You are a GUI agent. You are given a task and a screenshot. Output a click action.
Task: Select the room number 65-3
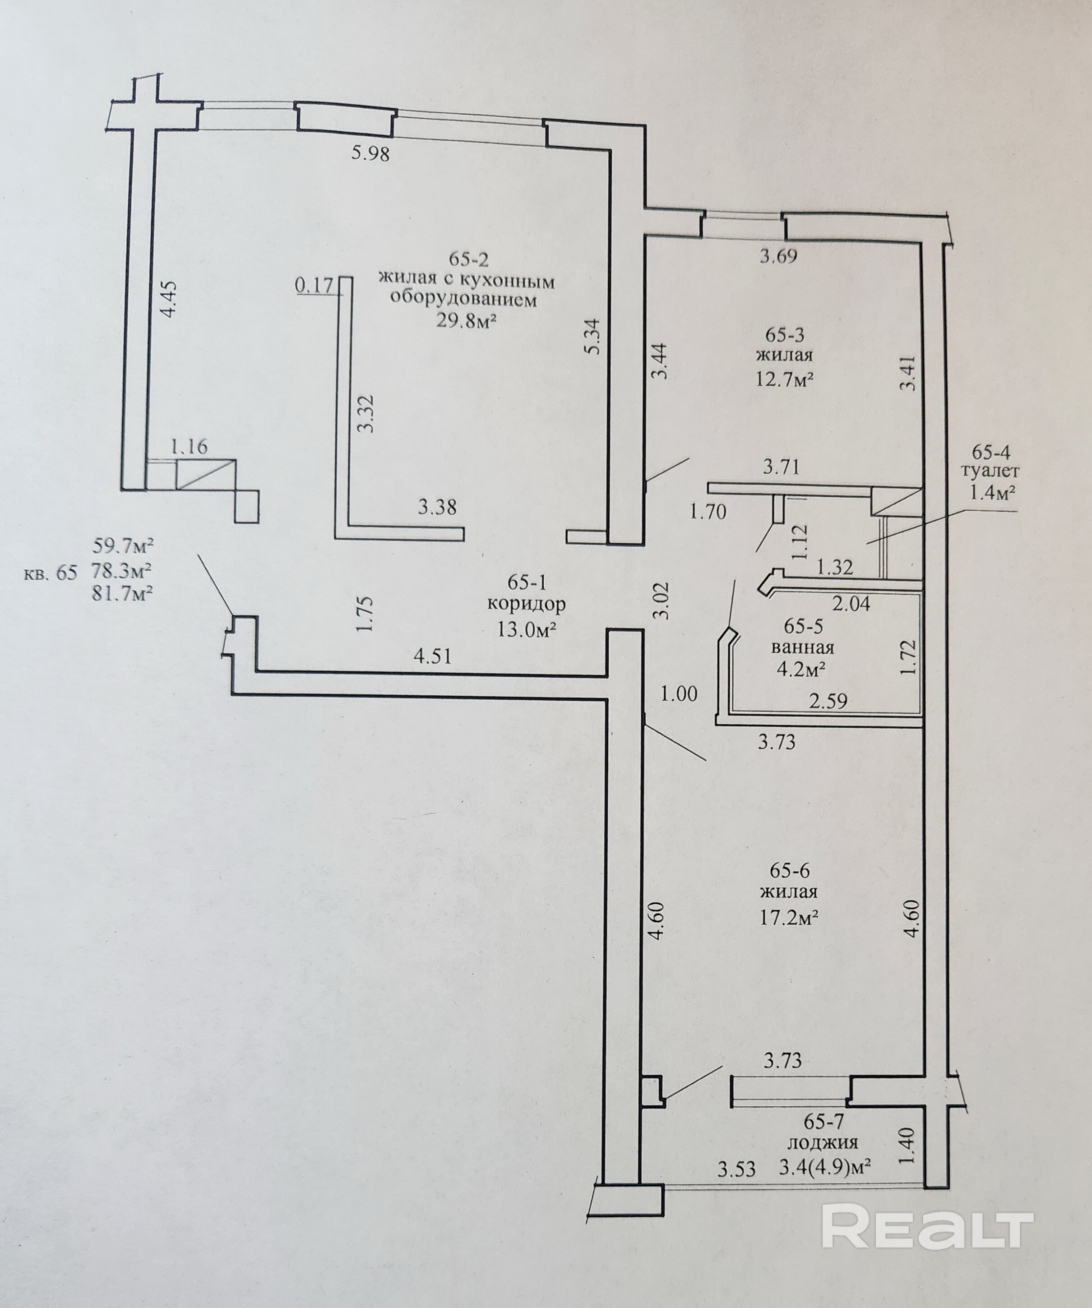784,335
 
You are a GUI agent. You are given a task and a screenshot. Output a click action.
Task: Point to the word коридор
527,604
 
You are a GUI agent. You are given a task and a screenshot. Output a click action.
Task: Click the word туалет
990,471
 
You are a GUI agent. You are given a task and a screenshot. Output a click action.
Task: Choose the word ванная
802,647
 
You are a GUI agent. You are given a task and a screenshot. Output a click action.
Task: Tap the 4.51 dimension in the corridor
432,656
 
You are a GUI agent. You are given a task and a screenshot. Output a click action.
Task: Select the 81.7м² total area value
123,593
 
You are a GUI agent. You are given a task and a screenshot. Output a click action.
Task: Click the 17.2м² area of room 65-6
788,917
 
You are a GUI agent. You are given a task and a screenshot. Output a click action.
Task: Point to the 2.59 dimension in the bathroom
828,701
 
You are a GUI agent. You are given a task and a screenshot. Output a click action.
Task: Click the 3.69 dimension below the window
778,256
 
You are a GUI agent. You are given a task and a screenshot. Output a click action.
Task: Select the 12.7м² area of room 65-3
785,379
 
